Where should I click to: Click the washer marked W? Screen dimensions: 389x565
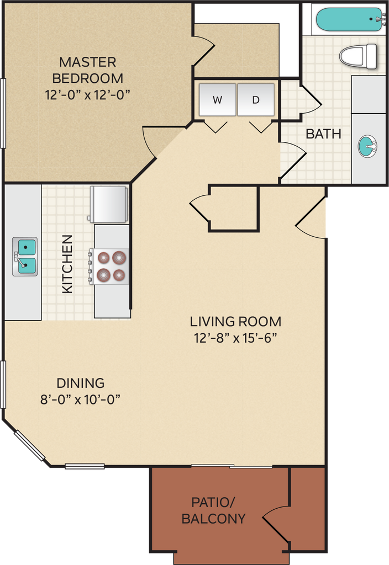pyautogui.click(x=217, y=100)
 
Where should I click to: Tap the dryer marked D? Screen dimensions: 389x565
pyautogui.click(x=256, y=100)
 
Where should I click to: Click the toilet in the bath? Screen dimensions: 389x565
pyautogui.click(x=359, y=56)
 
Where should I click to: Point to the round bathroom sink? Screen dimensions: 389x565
pyautogui.click(x=367, y=146)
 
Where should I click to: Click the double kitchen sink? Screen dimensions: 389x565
pyautogui.click(x=25, y=256)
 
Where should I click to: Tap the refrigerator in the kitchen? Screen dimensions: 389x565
pyautogui.click(x=108, y=204)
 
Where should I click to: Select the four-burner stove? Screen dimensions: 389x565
pyautogui.click(x=109, y=266)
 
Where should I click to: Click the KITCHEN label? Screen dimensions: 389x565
pyautogui.click(x=67, y=264)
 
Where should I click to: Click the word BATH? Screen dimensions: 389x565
pyautogui.click(x=323, y=134)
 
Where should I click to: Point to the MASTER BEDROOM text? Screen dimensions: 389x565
pyautogui.click(x=88, y=70)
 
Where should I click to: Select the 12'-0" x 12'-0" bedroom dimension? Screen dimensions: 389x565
pyautogui.click(x=87, y=95)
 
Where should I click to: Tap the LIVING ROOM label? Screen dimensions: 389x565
pyautogui.click(x=235, y=322)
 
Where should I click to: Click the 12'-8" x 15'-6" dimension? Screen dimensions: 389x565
pyautogui.click(x=235, y=338)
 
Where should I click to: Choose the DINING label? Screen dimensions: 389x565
pyautogui.click(x=81, y=383)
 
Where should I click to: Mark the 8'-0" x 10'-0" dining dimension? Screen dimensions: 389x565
pyautogui.click(x=80, y=399)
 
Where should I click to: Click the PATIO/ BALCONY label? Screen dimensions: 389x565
pyautogui.click(x=213, y=510)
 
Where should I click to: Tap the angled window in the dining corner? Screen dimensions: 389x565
pyautogui.click(x=30, y=446)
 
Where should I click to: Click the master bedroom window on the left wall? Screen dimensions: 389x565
pyautogui.click(x=3, y=113)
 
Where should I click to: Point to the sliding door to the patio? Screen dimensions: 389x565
pyautogui.click(x=232, y=467)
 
